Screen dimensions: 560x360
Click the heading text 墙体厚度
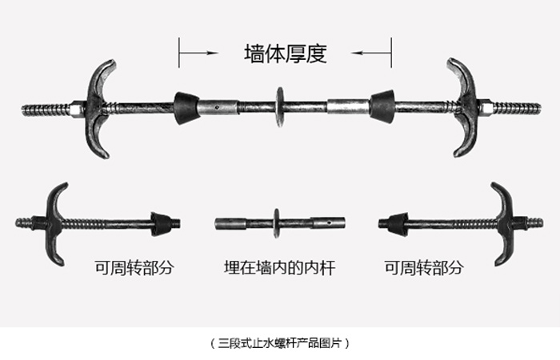point(286,54)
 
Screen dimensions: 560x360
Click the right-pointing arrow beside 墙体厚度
point(198,53)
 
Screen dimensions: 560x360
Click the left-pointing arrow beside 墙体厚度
point(371,53)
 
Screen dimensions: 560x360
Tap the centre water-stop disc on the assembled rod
point(280,106)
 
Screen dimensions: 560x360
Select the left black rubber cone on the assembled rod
point(186,107)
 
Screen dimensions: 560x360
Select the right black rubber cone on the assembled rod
point(382,106)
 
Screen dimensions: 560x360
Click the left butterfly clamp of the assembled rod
point(100,108)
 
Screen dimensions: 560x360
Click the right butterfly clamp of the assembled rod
point(463,107)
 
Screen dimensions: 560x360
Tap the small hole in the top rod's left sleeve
point(217,106)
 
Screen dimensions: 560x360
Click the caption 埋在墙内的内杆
point(280,268)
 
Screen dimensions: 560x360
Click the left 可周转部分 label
point(134,267)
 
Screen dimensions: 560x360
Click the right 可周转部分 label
point(424,267)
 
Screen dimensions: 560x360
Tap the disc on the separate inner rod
point(277,223)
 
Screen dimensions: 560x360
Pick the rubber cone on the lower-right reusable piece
point(398,224)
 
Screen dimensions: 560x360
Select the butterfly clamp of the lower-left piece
point(54,223)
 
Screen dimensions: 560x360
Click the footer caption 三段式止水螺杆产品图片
point(280,343)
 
